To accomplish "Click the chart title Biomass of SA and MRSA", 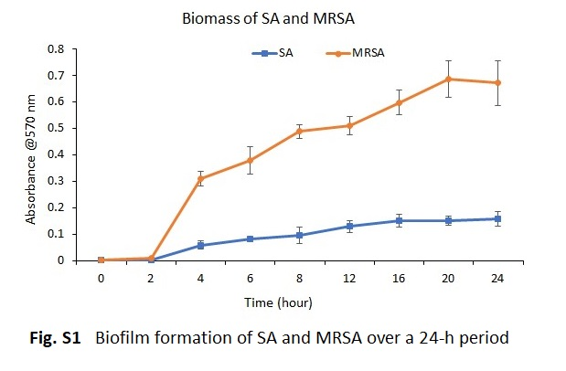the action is point(268,18).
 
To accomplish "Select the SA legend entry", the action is point(272,53).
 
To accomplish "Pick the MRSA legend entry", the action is point(355,53).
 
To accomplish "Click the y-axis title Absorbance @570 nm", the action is point(31,159).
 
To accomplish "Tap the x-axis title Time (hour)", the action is point(278,302).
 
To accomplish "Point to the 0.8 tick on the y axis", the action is point(56,48).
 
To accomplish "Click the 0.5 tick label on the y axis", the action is point(56,128).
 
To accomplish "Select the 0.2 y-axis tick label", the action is point(56,207).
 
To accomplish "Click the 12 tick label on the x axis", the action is point(349,278).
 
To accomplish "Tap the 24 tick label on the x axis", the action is point(497,278).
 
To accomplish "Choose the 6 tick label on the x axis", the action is point(250,278).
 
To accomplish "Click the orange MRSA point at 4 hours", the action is point(200,178).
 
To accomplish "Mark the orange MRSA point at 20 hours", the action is point(448,79).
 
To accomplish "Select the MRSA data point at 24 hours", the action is point(497,82).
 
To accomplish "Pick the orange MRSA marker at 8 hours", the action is point(300,131).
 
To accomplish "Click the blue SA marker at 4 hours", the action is point(200,246).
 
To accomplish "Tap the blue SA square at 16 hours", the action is point(399,220).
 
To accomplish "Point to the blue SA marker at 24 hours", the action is point(497,218).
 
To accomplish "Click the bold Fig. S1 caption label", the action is point(55,338).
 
